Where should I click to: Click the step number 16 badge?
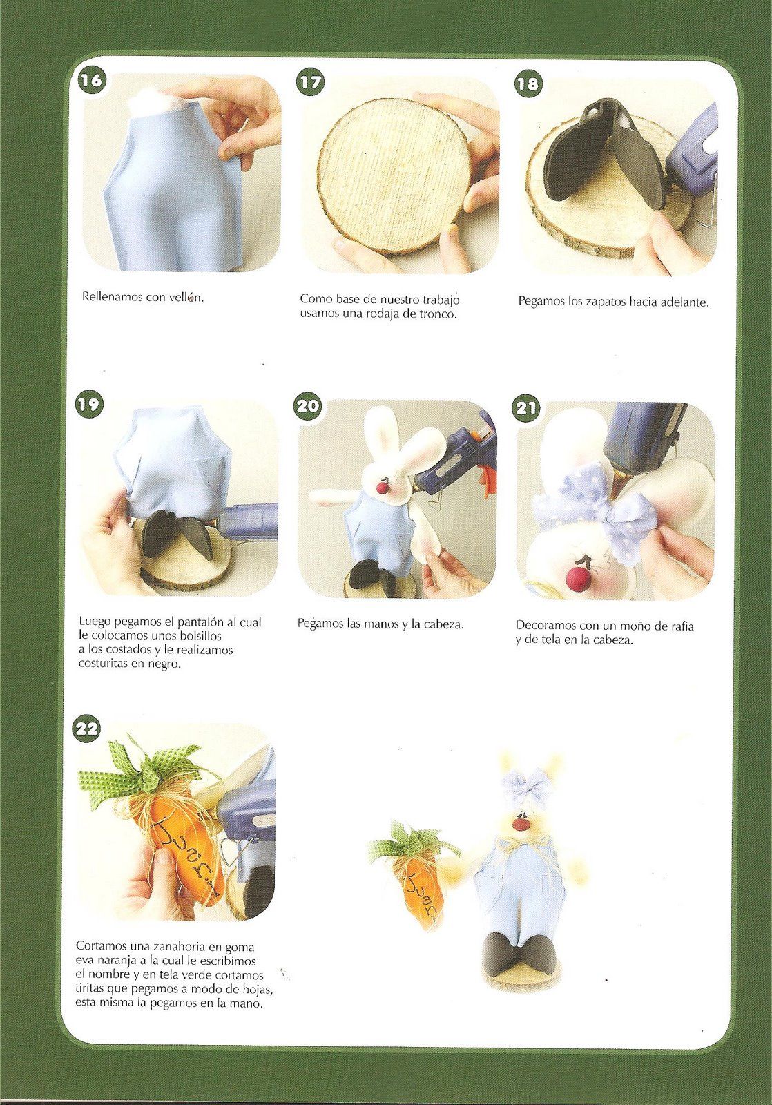[x=90, y=80]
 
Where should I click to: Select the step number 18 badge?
[x=528, y=83]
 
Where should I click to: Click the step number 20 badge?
[x=307, y=406]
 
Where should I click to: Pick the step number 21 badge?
[x=526, y=408]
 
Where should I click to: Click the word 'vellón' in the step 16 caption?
[x=186, y=298]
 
